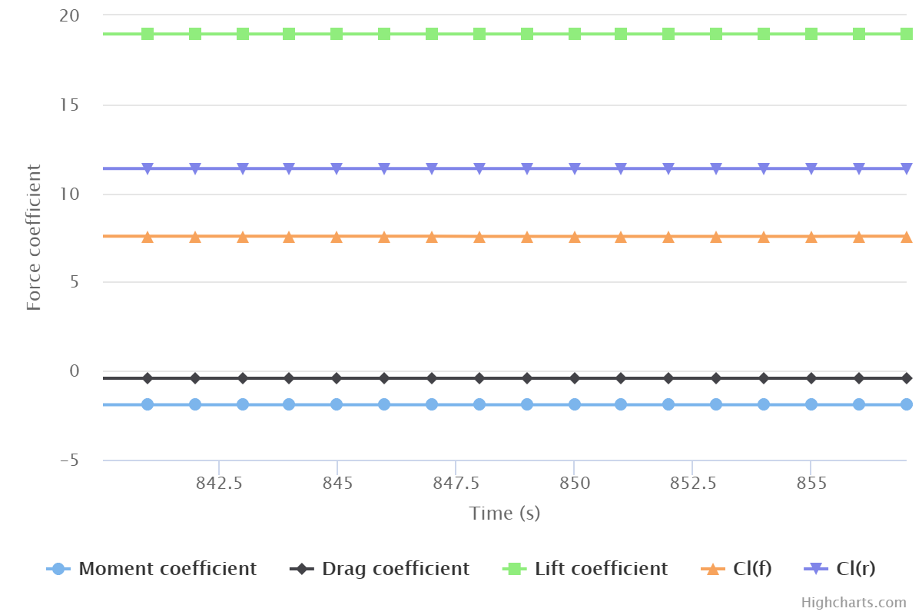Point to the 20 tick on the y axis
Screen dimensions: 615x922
click(x=68, y=16)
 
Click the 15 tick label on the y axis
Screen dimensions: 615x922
click(x=69, y=105)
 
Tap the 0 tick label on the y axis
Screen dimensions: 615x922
click(x=75, y=371)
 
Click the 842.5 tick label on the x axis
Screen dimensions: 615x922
click(x=219, y=484)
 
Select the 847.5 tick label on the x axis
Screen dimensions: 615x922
click(x=456, y=484)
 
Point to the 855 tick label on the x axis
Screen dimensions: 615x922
click(x=811, y=484)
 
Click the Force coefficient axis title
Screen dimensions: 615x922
click(x=34, y=238)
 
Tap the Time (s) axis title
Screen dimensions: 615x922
click(x=505, y=513)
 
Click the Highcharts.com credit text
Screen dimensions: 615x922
click(x=853, y=603)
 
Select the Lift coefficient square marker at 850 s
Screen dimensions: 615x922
click(x=574, y=34)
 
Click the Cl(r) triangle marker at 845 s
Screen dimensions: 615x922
click(x=337, y=168)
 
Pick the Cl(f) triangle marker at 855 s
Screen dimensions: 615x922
click(x=811, y=237)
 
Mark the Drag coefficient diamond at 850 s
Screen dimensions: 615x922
click(x=574, y=378)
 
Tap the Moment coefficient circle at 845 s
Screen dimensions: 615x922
click(x=337, y=404)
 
